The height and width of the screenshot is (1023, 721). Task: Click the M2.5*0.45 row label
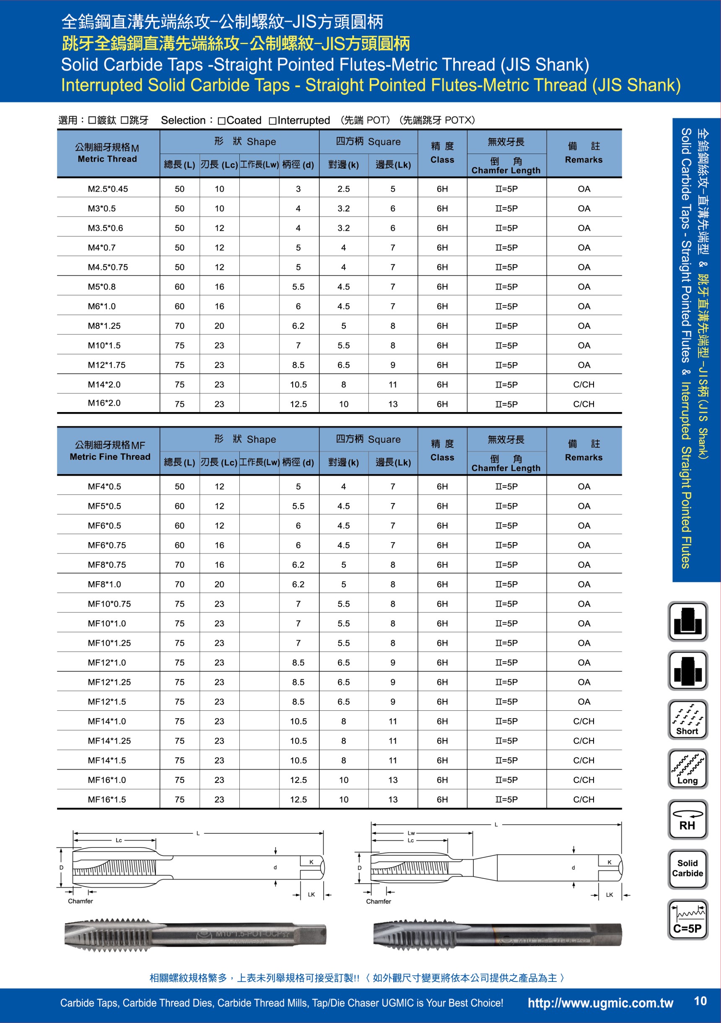(108, 189)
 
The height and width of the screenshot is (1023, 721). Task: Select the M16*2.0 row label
(104, 403)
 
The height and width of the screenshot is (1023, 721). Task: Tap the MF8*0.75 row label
(107, 564)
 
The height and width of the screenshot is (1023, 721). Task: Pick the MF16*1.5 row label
(107, 799)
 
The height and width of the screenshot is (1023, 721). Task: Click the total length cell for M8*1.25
(179, 326)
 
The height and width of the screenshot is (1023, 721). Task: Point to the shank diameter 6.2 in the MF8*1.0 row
(298, 584)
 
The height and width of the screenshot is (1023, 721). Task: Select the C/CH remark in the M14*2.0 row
(584, 384)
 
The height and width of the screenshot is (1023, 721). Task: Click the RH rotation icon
(687, 820)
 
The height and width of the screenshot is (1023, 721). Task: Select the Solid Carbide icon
(687, 869)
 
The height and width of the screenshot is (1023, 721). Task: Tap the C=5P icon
(687, 920)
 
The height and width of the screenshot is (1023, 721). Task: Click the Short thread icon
(687, 720)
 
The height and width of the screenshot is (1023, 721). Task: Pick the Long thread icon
(687, 769)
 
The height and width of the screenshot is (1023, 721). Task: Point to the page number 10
(700, 1001)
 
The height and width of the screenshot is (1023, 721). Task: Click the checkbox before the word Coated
(221, 121)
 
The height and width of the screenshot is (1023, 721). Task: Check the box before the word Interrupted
(272, 121)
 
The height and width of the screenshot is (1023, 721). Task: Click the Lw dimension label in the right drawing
(411, 833)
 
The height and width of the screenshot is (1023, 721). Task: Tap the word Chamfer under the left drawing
(80, 901)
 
